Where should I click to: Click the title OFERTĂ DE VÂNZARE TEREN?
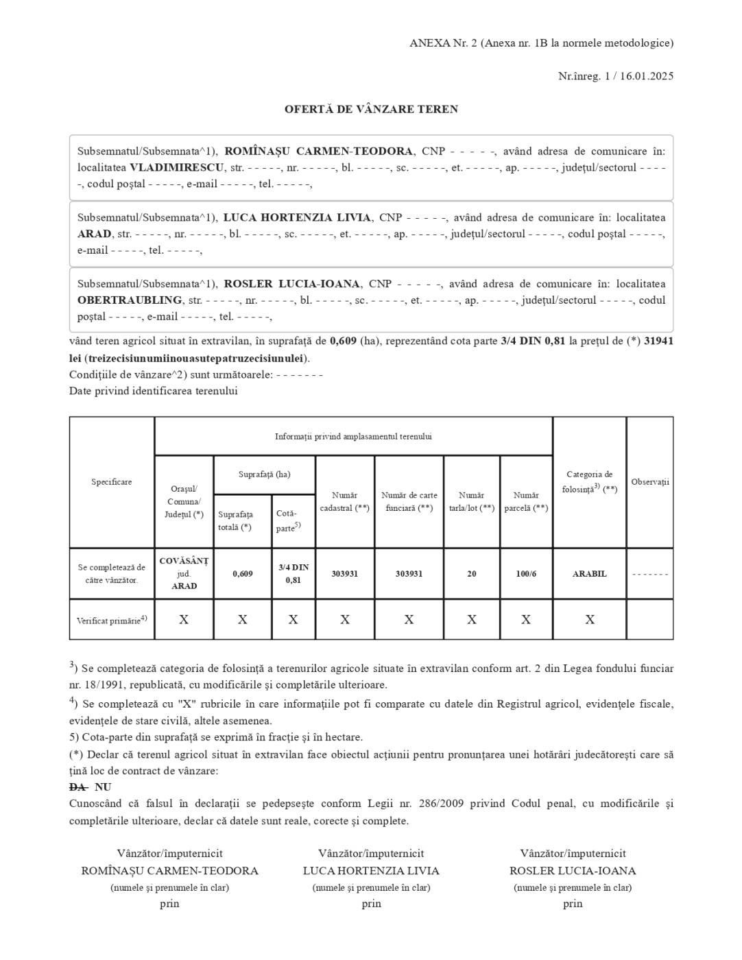371,109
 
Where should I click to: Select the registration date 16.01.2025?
647,76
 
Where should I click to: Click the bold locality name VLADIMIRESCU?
177,167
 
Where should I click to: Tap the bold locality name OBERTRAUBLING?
130,300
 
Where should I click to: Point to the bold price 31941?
658,341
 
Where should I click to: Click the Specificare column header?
112,482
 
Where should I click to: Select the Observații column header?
649,482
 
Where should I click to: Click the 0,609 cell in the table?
242,574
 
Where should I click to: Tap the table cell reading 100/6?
526,574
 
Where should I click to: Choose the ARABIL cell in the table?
589,574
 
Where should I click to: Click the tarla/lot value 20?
472,574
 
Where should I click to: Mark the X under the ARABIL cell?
589,619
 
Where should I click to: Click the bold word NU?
103,787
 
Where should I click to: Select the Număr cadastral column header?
344,501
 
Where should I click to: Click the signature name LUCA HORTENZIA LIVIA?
371,871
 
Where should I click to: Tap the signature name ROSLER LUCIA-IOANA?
573,871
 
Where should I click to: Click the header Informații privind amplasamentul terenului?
353,436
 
